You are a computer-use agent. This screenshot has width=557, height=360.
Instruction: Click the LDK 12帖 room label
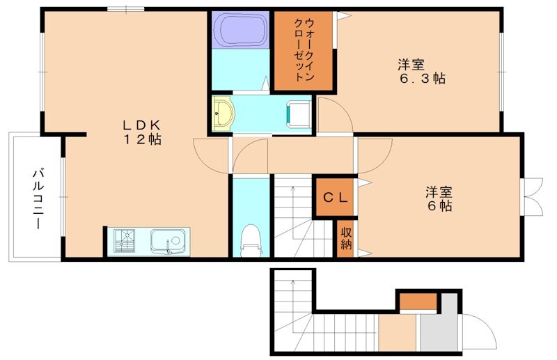click(142, 132)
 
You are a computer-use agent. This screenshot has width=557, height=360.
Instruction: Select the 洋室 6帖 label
click(439, 198)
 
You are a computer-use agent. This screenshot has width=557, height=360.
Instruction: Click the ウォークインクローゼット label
click(304, 50)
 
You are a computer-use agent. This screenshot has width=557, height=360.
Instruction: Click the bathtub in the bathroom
click(240, 30)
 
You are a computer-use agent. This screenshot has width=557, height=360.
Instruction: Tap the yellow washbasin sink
click(223, 114)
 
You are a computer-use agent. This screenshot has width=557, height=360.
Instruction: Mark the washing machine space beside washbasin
click(298, 114)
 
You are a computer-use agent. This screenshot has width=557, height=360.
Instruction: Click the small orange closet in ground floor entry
click(418, 301)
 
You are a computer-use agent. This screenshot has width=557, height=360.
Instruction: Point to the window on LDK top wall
click(126, 9)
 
